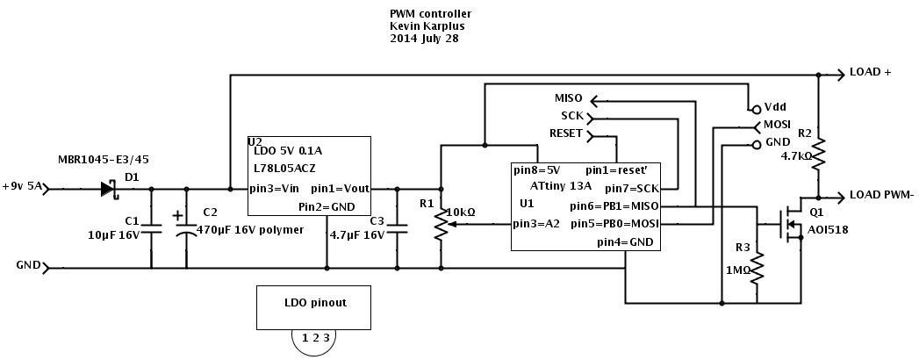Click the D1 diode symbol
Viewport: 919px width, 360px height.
(x=109, y=188)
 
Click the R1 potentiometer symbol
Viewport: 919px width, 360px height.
(x=442, y=224)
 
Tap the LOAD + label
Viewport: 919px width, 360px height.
(x=870, y=73)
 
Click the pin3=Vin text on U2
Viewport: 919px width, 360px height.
(x=274, y=188)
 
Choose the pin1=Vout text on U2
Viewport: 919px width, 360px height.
(x=340, y=188)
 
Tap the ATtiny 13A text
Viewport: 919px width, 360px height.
(x=561, y=186)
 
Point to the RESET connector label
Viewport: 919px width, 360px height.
(x=566, y=133)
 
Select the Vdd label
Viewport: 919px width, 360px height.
(x=775, y=106)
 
